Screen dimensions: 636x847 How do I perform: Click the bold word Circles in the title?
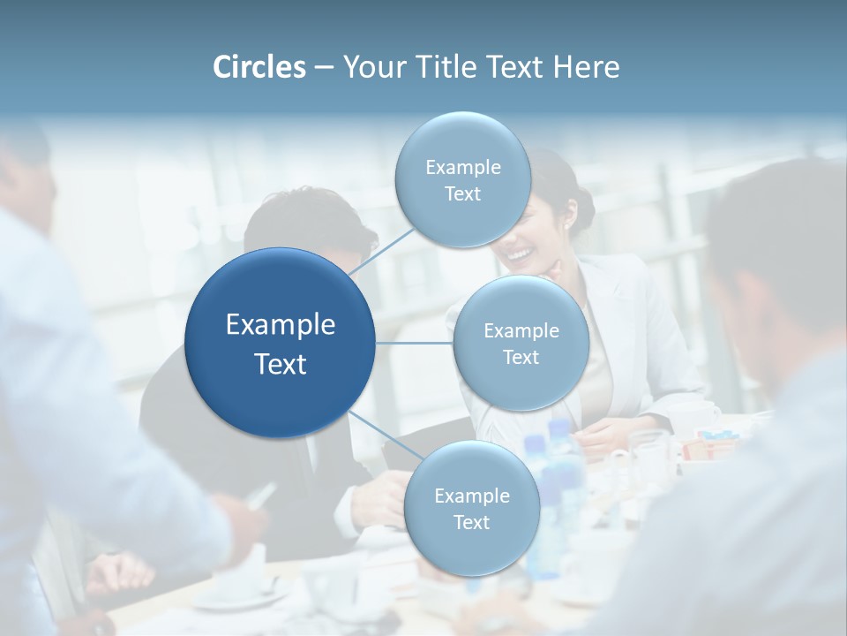[259, 67]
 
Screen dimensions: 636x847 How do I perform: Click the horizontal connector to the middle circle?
[415, 344]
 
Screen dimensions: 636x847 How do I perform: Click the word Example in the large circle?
[281, 324]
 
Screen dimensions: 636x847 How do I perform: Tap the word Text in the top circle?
[462, 193]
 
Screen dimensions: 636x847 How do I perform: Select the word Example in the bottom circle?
[471, 496]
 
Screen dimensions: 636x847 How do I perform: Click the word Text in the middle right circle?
[521, 357]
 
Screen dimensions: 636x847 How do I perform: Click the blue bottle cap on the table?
[559, 429]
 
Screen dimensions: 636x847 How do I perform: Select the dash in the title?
[323, 67]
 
